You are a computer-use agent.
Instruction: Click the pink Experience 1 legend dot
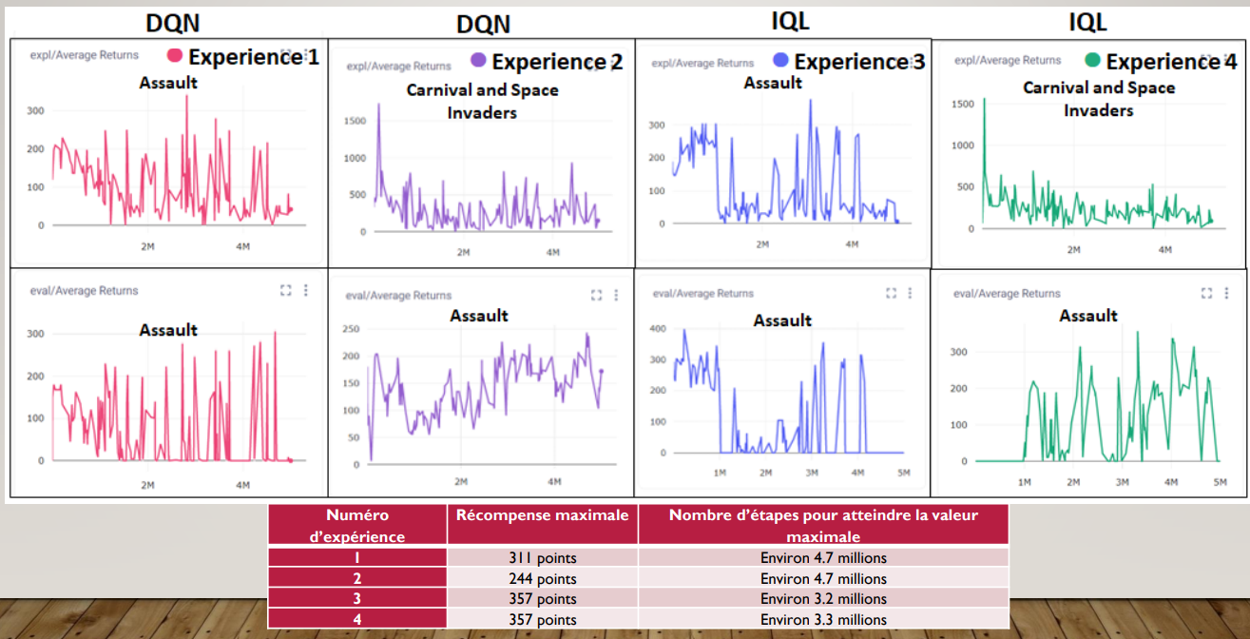pyautogui.click(x=176, y=56)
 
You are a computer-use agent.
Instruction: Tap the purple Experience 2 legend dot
pyautogui.click(x=477, y=61)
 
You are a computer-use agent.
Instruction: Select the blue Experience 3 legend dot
pyautogui.click(x=781, y=61)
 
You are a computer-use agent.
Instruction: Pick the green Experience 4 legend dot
pyautogui.click(x=1092, y=61)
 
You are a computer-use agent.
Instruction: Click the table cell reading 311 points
pyautogui.click(x=542, y=558)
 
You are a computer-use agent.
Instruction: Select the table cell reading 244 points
pyautogui.click(x=542, y=578)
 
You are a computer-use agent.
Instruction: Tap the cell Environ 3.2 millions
pyautogui.click(x=823, y=599)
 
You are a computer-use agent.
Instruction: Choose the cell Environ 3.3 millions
pyautogui.click(x=823, y=619)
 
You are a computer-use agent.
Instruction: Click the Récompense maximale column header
pyautogui.click(x=542, y=515)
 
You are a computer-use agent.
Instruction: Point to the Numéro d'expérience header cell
pyautogui.click(x=357, y=525)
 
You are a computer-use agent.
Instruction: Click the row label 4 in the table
pyautogui.click(x=357, y=619)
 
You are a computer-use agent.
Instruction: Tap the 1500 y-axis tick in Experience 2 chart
pyautogui.click(x=354, y=121)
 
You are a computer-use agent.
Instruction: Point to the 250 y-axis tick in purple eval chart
pyautogui.click(x=351, y=329)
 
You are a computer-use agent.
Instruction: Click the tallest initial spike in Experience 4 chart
pyautogui.click(x=984, y=99)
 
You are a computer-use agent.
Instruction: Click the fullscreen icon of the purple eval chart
pyautogui.click(x=596, y=295)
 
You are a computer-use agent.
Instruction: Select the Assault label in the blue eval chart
pyautogui.click(x=782, y=320)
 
